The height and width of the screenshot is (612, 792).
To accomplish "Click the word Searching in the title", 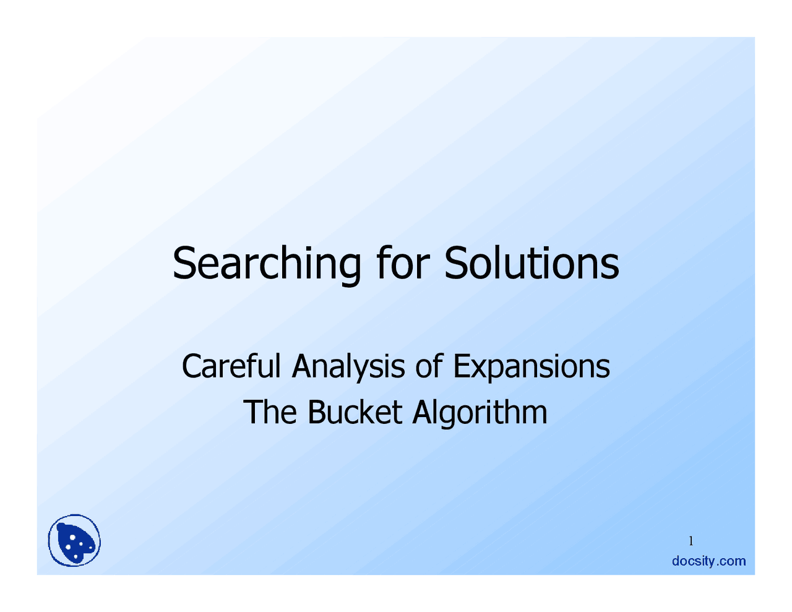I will pos(267,264).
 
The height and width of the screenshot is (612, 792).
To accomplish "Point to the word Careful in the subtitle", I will pos(231,366).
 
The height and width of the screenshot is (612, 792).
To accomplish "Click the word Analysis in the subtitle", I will pos(349,367).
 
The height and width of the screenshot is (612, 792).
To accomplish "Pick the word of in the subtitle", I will pos(429,366).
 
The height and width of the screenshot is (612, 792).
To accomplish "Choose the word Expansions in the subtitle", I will pos(532,367).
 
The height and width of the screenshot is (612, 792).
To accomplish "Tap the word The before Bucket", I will pos(270,412).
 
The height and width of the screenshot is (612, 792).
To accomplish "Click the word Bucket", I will pos(355,412).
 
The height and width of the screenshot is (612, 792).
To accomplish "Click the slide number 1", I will pos(691,541).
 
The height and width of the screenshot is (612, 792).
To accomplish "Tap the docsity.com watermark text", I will pos(709,561).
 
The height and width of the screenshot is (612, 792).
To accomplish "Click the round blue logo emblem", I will pos(75,541).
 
